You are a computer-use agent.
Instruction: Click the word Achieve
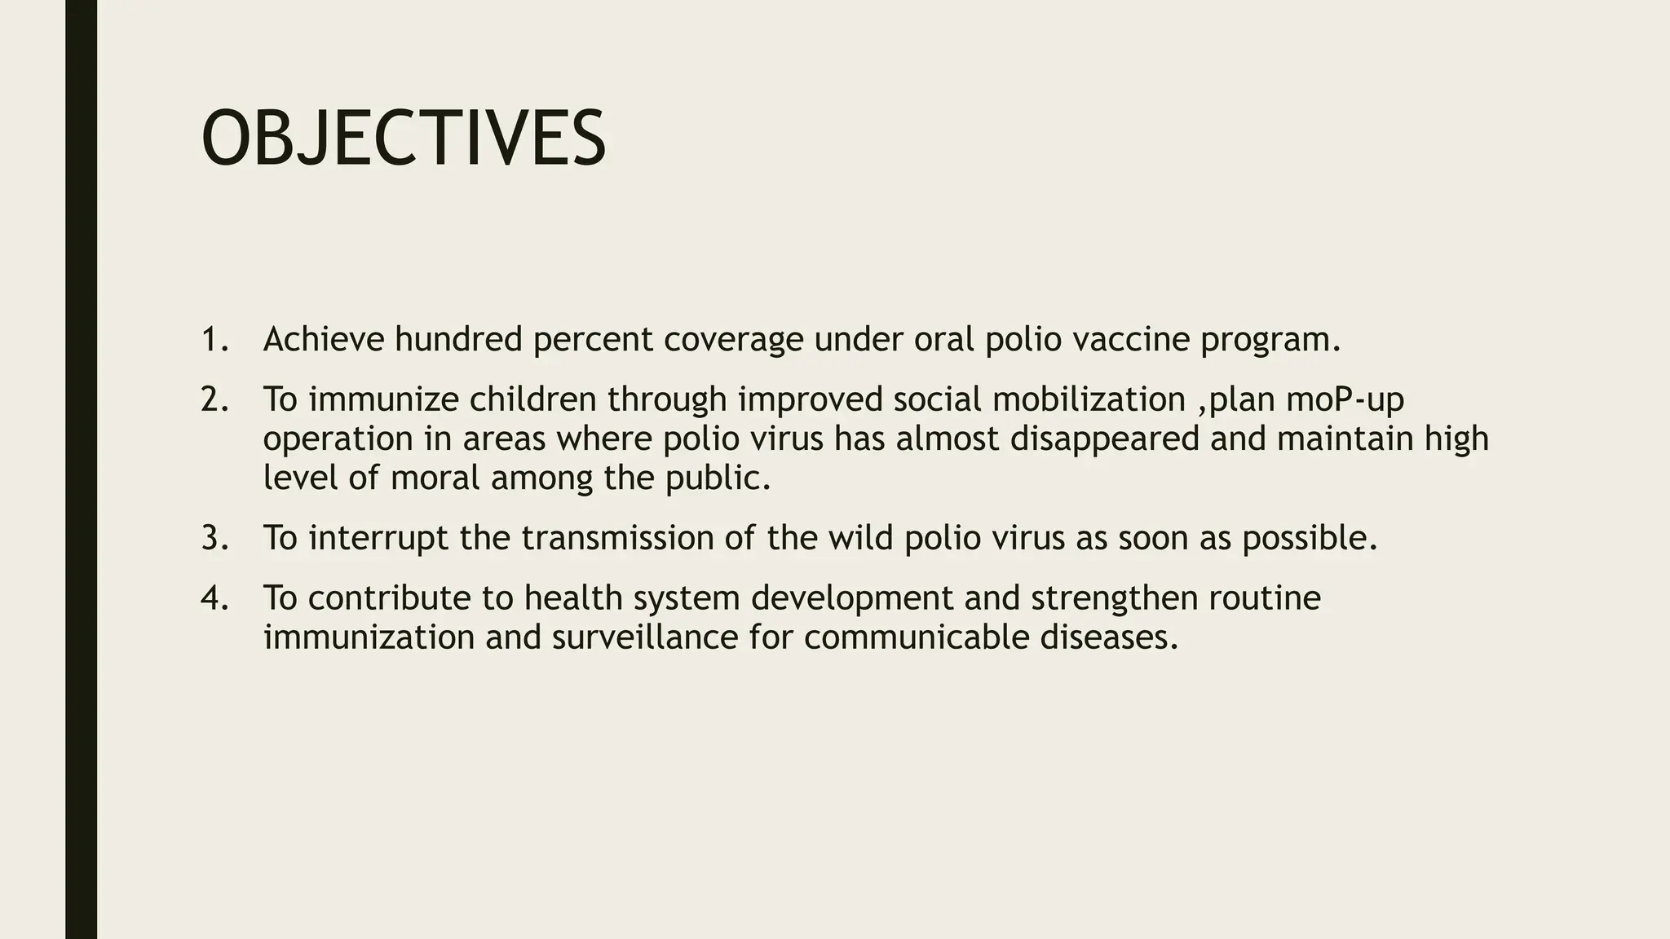tap(323, 339)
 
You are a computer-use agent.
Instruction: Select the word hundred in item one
tap(458, 339)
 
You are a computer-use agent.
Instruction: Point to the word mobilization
tap(1089, 399)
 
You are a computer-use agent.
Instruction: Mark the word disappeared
tap(1104, 439)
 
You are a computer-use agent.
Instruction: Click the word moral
tap(435, 478)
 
